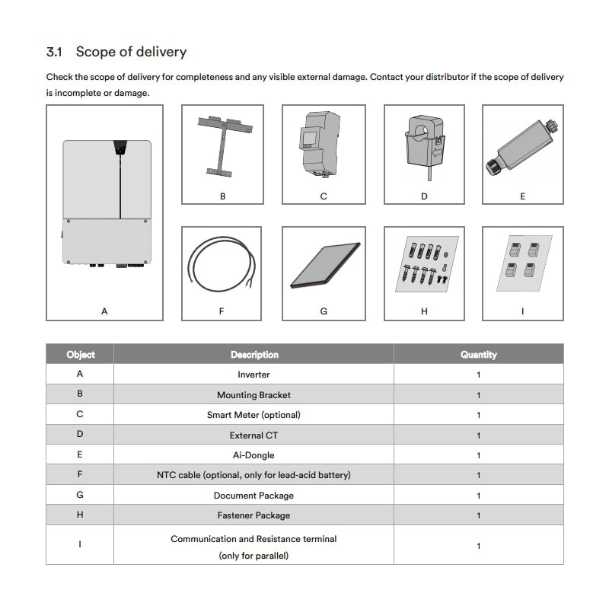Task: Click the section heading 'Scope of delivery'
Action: [x=131, y=53]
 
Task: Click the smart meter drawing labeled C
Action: [x=323, y=145]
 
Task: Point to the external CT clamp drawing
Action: [x=424, y=145]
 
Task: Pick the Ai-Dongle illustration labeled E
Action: [x=521, y=145]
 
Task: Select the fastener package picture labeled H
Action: [x=424, y=264]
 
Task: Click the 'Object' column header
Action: [x=80, y=355]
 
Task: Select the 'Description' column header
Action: [x=254, y=355]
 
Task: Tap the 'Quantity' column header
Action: [x=478, y=355]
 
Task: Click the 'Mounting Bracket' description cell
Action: [x=253, y=395]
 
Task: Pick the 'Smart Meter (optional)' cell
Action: [x=253, y=415]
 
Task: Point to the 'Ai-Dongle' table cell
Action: [x=253, y=455]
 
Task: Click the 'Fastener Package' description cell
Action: [x=253, y=515]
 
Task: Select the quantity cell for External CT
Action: [x=478, y=435]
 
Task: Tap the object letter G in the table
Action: [x=80, y=495]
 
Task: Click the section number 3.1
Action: [x=54, y=53]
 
